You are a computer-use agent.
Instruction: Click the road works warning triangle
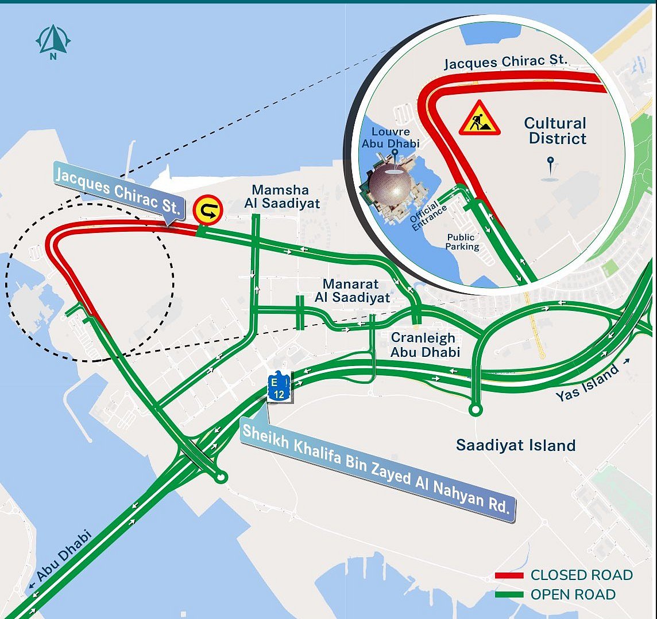tap(479, 119)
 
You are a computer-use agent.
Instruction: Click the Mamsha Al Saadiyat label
tap(280, 196)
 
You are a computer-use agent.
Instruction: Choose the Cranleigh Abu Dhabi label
tap(425, 345)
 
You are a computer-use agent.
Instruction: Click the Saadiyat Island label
tap(515, 445)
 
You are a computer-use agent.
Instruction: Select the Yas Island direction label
tap(588, 382)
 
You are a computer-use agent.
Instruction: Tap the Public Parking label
tap(462, 242)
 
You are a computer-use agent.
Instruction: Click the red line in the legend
tap(509, 575)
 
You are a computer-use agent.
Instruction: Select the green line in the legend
tap(509, 595)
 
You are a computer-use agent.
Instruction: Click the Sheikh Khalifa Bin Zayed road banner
tap(377, 470)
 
